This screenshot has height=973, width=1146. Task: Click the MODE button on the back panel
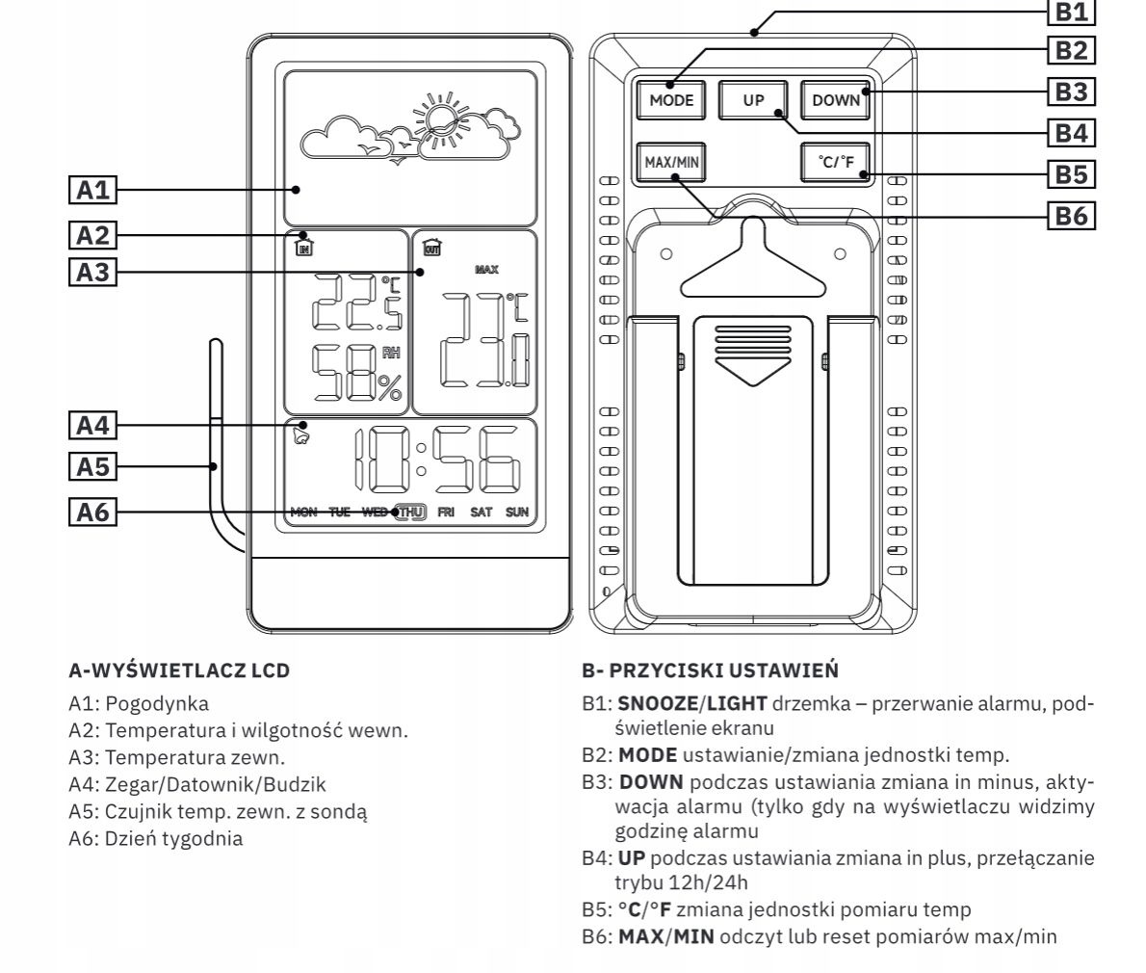point(671,99)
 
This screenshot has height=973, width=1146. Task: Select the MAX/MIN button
point(671,162)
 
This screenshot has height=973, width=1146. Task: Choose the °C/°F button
point(836,162)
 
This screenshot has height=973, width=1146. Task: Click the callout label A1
point(93,190)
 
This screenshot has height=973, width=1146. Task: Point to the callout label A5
point(93,467)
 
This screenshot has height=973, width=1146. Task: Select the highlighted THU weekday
point(411,512)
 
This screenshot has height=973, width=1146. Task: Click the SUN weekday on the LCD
point(517,512)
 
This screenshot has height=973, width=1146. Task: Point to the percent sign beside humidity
point(389,387)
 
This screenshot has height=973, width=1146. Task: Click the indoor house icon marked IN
point(304,247)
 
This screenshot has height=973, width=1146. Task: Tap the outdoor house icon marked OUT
point(431,247)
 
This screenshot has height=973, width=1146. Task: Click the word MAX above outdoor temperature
point(486,270)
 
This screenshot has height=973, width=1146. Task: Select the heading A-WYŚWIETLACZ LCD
point(179,670)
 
